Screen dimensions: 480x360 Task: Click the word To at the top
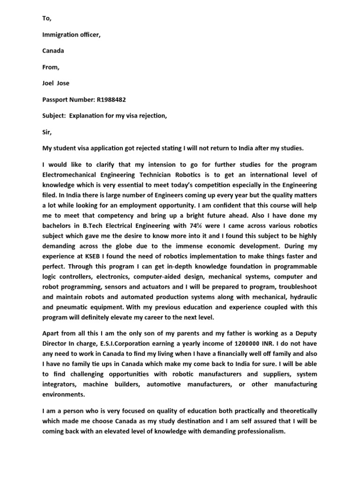45,18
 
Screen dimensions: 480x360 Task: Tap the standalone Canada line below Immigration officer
53,51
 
